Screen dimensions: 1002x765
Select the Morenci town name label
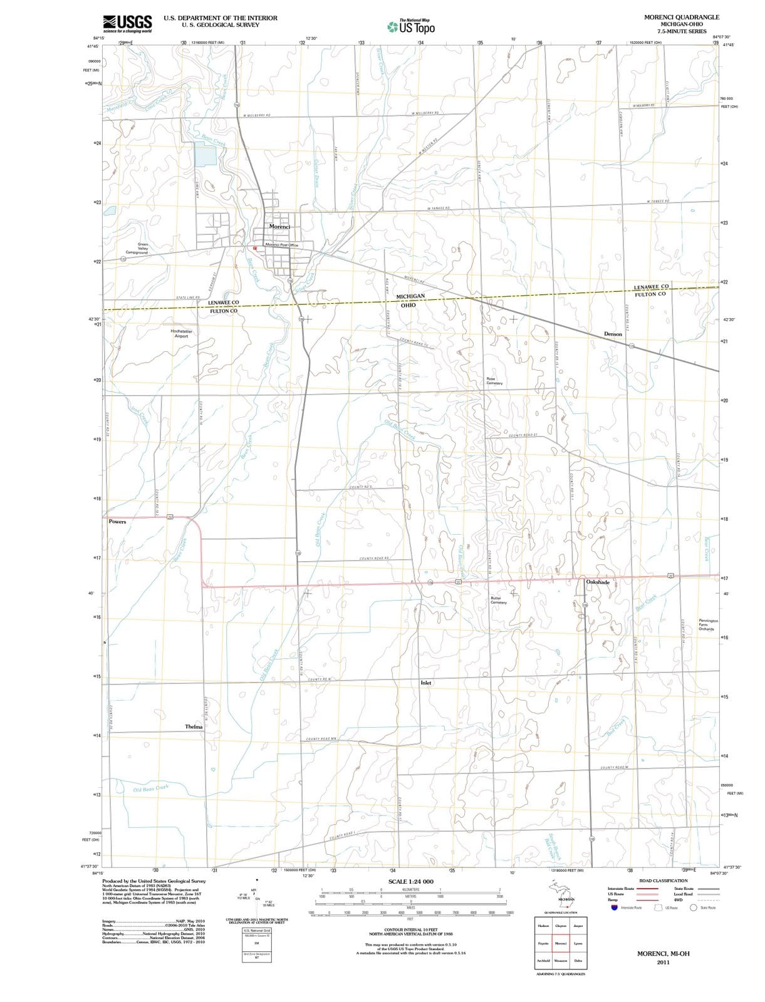pyautogui.click(x=279, y=226)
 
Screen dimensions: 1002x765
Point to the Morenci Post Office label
pyautogui.click(x=282, y=245)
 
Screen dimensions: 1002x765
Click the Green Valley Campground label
pyautogui.click(x=143, y=248)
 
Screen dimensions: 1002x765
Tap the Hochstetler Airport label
pyautogui.click(x=181, y=333)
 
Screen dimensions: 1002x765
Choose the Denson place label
pyautogui.click(x=613, y=334)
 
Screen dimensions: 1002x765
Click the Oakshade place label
pyautogui.click(x=597, y=582)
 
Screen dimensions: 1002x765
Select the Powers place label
pyautogui.click(x=117, y=521)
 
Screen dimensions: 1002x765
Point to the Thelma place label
pyautogui.click(x=194, y=726)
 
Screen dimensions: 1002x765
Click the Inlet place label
pyautogui.click(x=425, y=683)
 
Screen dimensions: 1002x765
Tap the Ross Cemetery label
pyautogui.click(x=494, y=381)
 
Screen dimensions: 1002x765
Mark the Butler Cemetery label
pyautogui.click(x=499, y=600)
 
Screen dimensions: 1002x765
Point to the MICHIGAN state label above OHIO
pyautogui.click(x=410, y=296)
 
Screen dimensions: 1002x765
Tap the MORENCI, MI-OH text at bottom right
pyautogui.click(x=663, y=953)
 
